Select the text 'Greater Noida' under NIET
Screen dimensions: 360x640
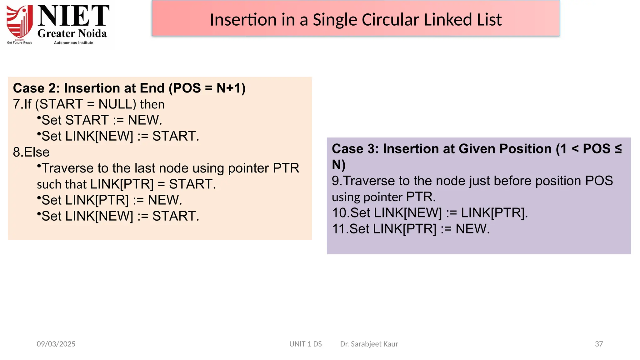click(72, 33)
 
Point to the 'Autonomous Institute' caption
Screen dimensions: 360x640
click(73, 43)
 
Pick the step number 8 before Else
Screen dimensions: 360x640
click(17, 152)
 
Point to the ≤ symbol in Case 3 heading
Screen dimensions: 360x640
click(618, 149)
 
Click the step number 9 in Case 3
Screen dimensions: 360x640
click(335, 181)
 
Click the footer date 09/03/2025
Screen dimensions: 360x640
click(56, 344)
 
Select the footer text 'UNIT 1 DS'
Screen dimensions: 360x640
click(305, 344)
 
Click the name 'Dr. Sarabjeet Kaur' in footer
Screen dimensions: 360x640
click(369, 344)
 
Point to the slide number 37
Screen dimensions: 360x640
click(599, 344)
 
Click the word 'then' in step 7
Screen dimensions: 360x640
click(152, 104)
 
